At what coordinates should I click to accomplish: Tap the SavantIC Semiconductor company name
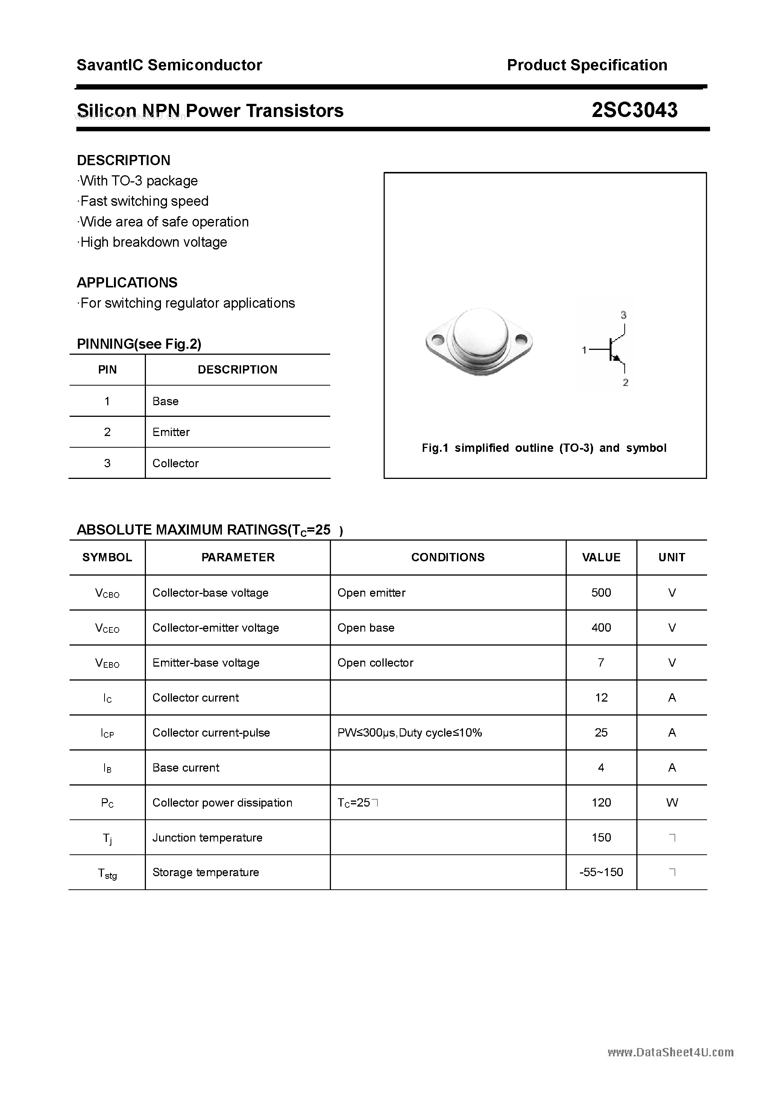[169, 65]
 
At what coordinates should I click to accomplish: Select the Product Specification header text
[587, 65]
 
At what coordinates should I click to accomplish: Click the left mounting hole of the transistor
[436, 340]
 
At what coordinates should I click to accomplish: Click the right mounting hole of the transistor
[521, 340]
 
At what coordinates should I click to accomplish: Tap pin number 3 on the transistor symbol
[623, 315]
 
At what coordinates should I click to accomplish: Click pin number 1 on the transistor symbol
[584, 350]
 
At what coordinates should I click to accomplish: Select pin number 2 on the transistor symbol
[625, 382]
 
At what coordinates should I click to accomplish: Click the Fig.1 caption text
[544, 448]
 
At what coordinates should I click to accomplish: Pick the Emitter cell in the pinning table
[171, 432]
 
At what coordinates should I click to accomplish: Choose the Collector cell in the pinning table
[175, 463]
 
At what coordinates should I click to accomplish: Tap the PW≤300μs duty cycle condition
[410, 732]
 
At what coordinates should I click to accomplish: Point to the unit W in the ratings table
[672, 802]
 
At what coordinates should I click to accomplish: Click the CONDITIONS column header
[448, 557]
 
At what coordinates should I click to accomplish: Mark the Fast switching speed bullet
[144, 201]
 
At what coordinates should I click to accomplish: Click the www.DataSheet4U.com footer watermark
[670, 1052]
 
